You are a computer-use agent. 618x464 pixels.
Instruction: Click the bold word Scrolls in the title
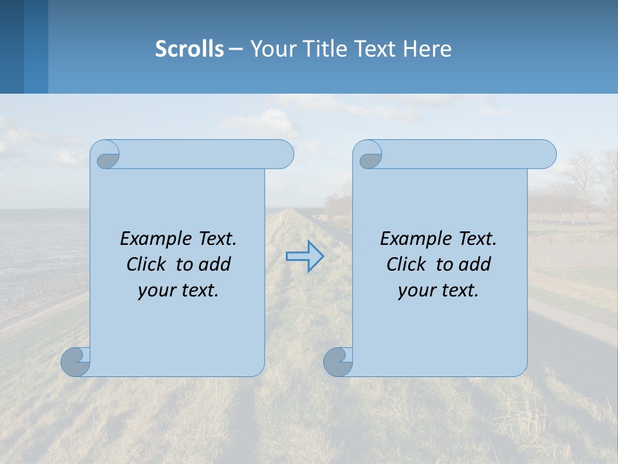(x=189, y=48)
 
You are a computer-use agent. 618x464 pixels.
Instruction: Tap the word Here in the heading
(x=427, y=48)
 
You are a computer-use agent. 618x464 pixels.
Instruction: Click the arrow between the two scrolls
(x=304, y=256)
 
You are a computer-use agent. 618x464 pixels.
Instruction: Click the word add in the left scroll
(x=216, y=264)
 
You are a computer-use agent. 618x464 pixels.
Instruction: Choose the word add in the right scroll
(x=476, y=264)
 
